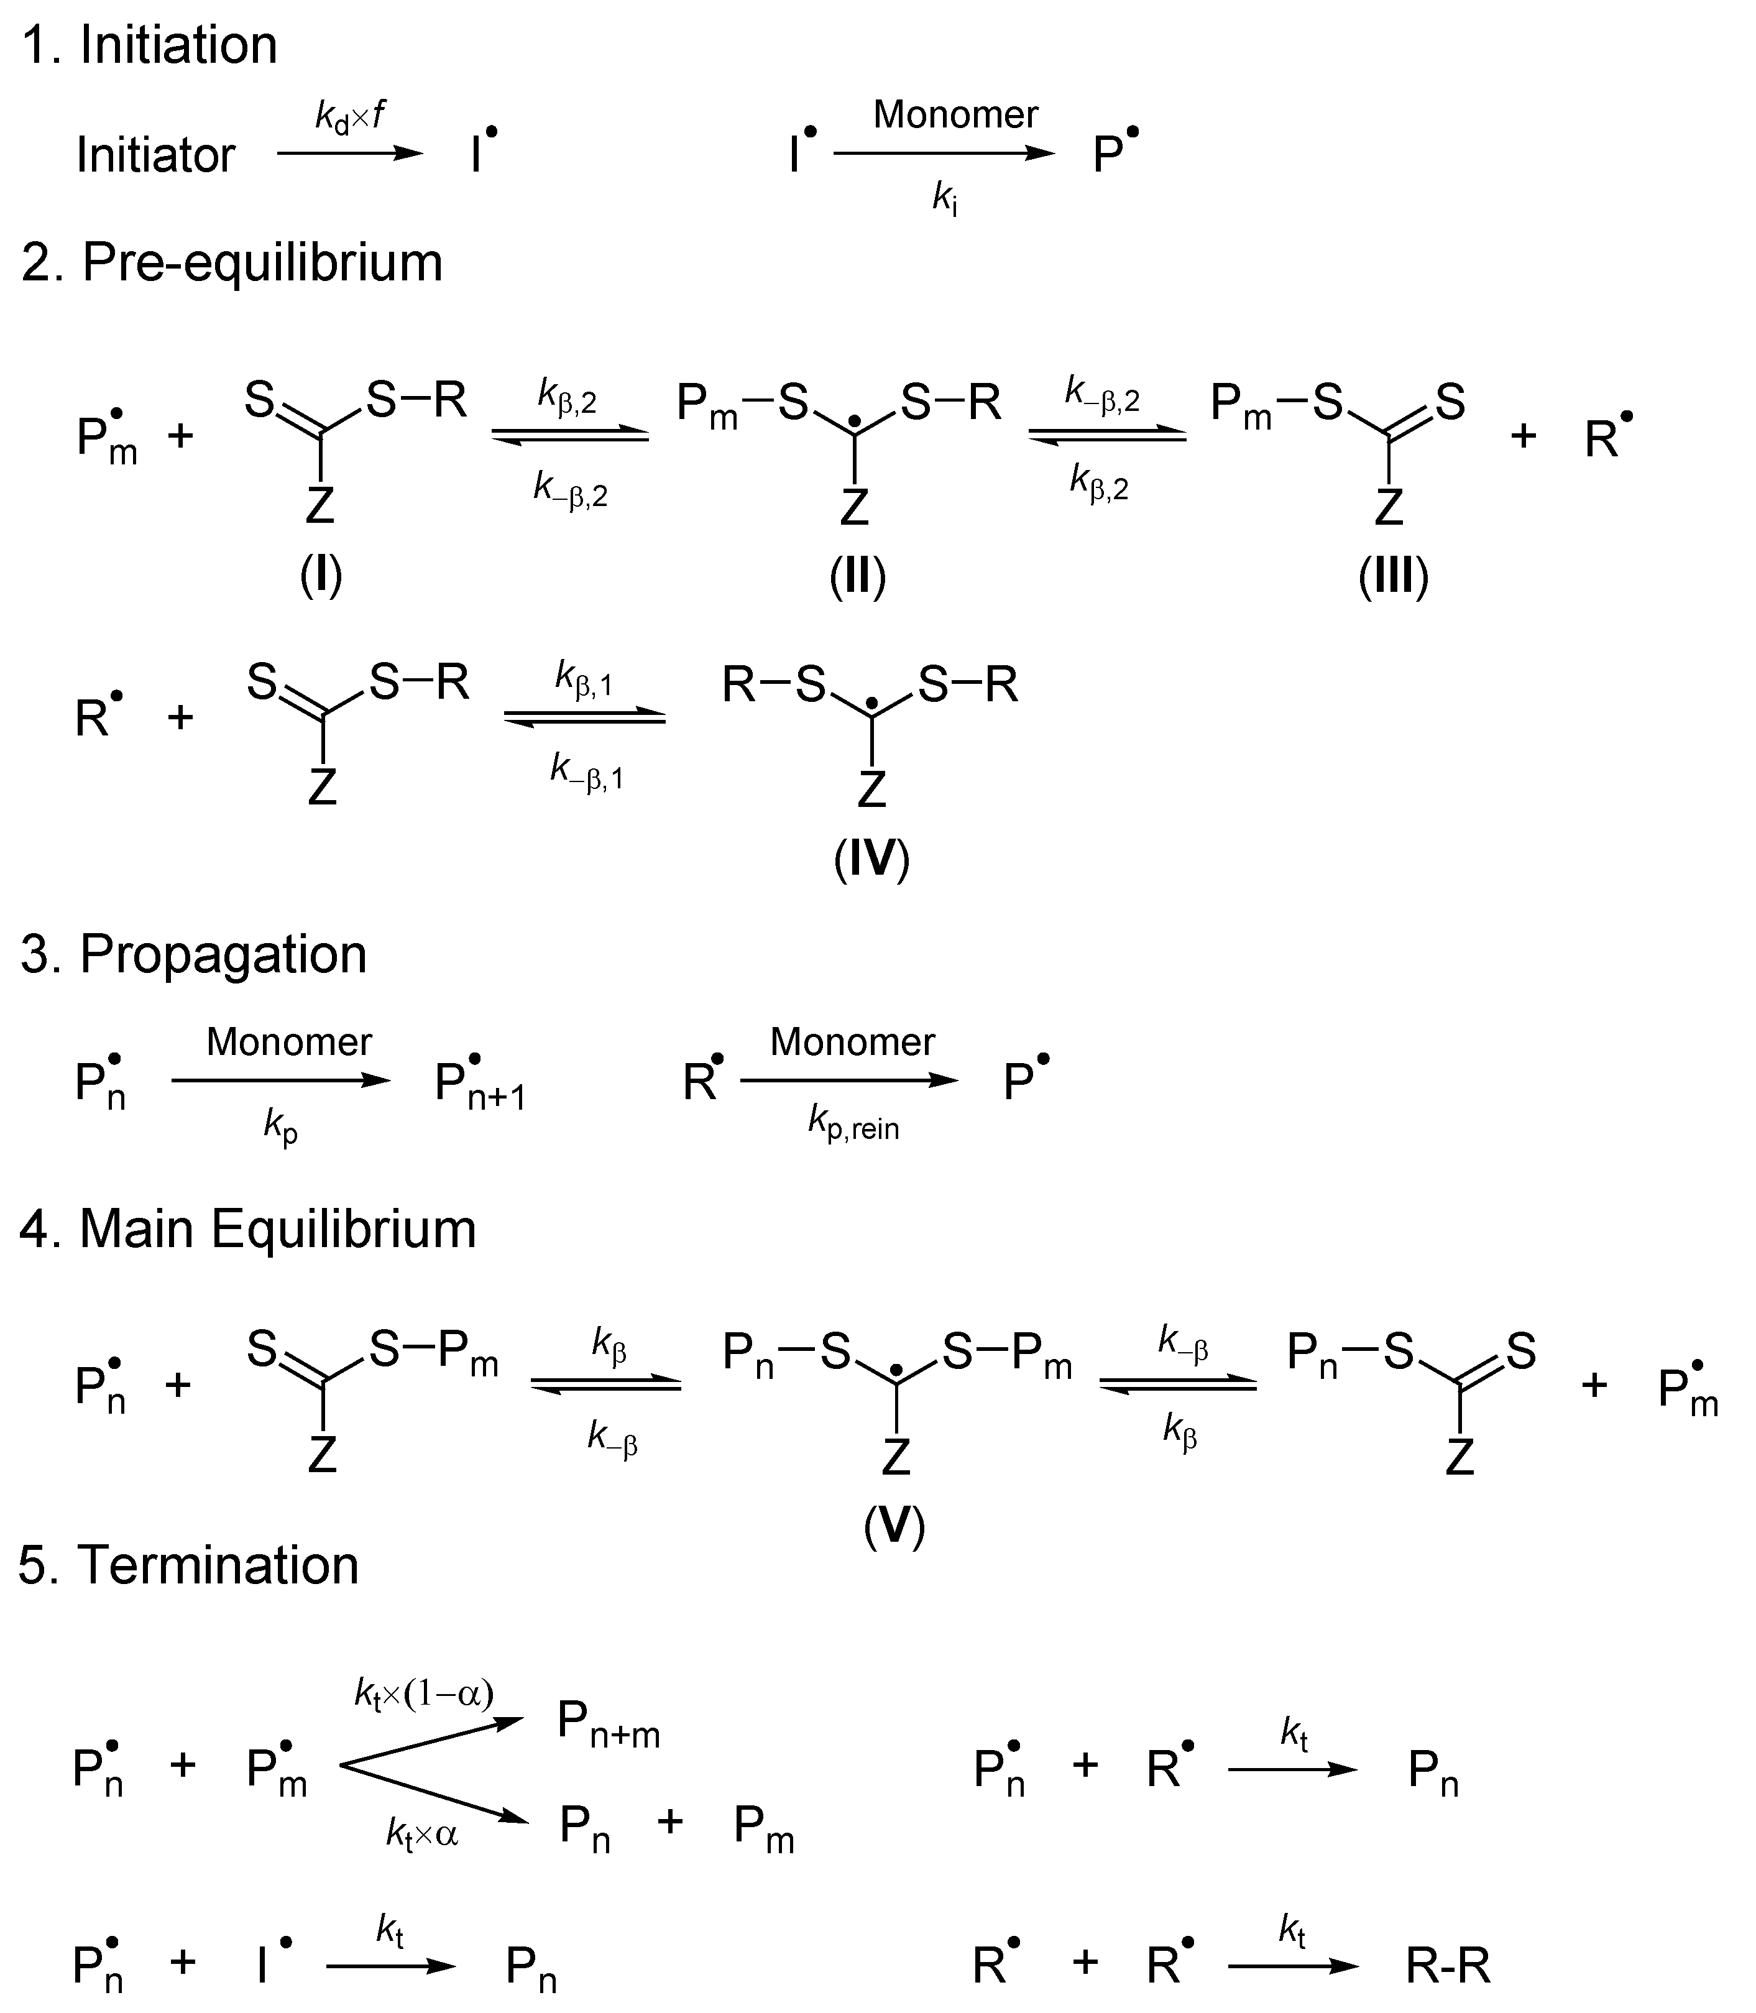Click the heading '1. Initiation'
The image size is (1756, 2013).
pyautogui.click(x=149, y=45)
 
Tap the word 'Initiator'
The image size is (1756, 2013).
pyautogui.click(x=156, y=155)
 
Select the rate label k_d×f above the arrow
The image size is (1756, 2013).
pyautogui.click(x=350, y=117)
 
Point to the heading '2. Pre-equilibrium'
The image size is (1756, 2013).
pyautogui.click(x=232, y=262)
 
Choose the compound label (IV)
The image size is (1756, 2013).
pyautogui.click(x=871, y=859)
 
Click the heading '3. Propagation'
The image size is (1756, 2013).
pyautogui.click(x=193, y=954)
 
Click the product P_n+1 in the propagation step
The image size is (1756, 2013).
pyautogui.click(x=480, y=1086)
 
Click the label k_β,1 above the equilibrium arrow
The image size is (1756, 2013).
pyautogui.click(x=584, y=678)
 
